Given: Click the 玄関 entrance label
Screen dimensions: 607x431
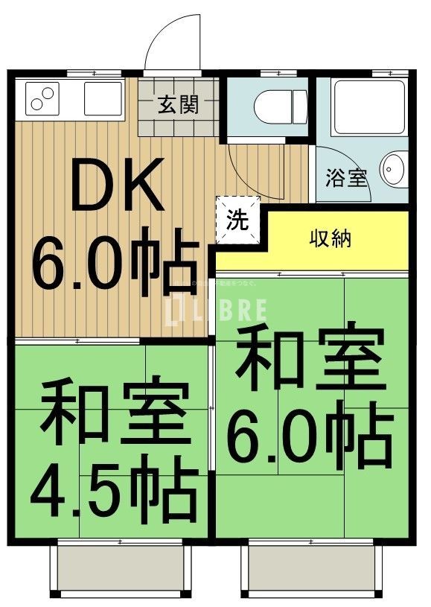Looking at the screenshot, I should tap(178, 105).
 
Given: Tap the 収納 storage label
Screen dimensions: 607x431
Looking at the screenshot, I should tap(331, 240).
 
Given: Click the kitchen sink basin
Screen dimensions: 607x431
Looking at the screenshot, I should tap(101, 98).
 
